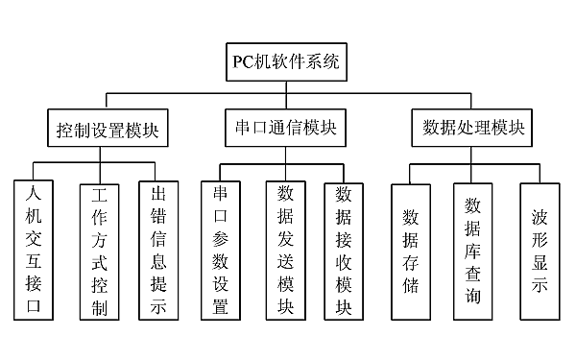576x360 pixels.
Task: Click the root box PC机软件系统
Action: click(x=284, y=63)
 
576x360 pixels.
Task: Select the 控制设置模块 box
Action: click(x=107, y=129)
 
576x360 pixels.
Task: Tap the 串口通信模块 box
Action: click(x=284, y=129)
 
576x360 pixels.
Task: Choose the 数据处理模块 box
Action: click(x=473, y=129)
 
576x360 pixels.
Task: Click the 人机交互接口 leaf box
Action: click(x=36, y=250)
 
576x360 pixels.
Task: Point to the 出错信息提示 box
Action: click(x=158, y=250)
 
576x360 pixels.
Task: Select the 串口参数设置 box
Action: click(x=220, y=250)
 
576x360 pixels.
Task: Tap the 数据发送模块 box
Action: click(x=285, y=250)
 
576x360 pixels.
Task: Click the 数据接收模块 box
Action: click(x=345, y=250)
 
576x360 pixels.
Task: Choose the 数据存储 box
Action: click(x=410, y=250)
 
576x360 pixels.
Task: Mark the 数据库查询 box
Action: click(x=472, y=250)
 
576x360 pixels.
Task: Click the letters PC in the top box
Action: click(x=244, y=63)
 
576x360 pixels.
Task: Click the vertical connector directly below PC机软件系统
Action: click(x=284, y=87)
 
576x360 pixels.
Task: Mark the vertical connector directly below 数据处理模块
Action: click(x=473, y=155)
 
